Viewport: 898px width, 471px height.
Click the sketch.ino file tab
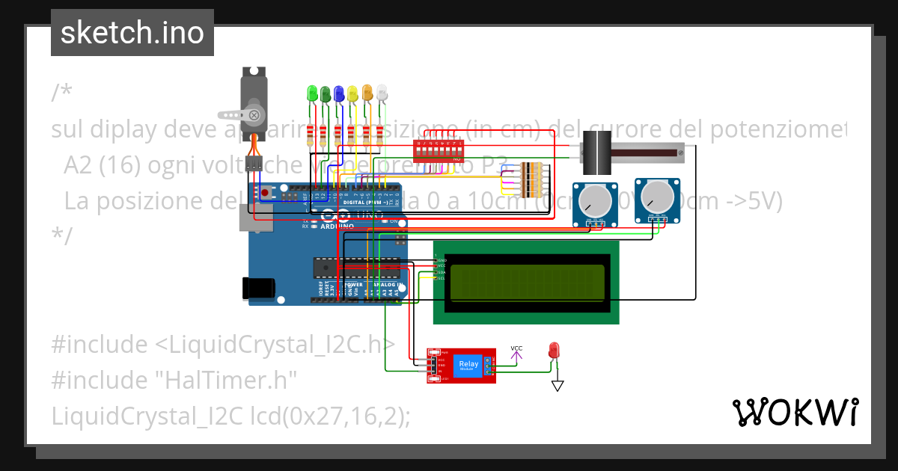[x=132, y=33]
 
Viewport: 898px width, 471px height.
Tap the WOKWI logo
[x=795, y=412]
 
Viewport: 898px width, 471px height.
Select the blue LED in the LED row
[x=339, y=93]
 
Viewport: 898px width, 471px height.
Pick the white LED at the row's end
[x=382, y=93]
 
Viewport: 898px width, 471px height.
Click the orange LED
[x=367, y=93]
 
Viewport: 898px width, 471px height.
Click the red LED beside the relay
[x=554, y=349]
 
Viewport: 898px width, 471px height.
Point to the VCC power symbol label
[x=516, y=348]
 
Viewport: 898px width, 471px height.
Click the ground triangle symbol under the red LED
[x=557, y=386]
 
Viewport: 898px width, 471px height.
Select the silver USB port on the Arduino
[x=248, y=218]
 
